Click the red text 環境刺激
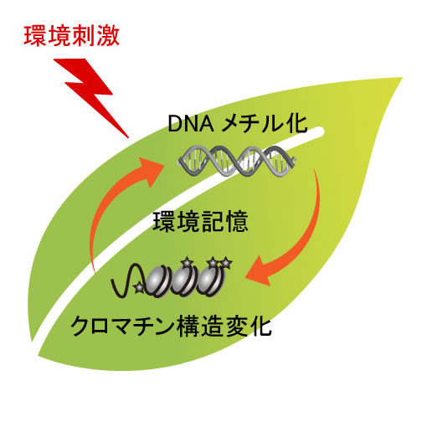pos(72,36)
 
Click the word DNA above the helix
pos(191,124)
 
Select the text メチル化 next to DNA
pos(264,124)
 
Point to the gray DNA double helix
pos(237,162)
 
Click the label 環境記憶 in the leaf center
pos(200,222)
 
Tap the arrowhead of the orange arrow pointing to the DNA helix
pos(151,171)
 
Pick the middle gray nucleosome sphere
pos(183,280)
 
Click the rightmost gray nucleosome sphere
pos(209,280)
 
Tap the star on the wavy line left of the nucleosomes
pos(139,287)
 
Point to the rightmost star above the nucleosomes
pos(226,263)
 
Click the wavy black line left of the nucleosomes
pos(127,280)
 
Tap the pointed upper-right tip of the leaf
pos(403,78)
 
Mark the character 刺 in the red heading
pos(84,36)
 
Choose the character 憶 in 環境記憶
pos(237,222)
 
